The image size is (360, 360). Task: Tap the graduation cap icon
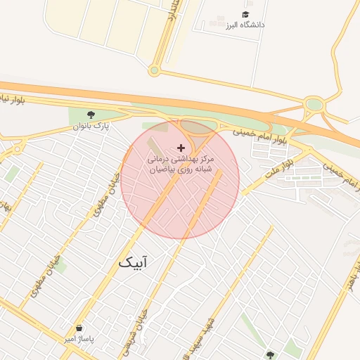pyautogui.click(x=245, y=14)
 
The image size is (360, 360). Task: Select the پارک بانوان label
pyautogui.click(x=91, y=127)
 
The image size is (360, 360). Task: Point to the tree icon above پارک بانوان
pyautogui.click(x=91, y=115)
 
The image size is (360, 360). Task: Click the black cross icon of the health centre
pyautogui.click(x=181, y=148)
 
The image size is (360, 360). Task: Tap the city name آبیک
pyautogui.click(x=133, y=263)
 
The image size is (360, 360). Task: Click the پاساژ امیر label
pyautogui.click(x=79, y=339)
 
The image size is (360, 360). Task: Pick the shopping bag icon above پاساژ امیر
pyautogui.click(x=79, y=328)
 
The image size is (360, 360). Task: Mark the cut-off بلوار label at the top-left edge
pyautogui.click(x=11, y=100)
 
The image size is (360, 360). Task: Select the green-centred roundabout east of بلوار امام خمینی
pyautogui.click(x=314, y=105)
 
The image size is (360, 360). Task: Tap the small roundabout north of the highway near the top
pyautogui.click(x=154, y=70)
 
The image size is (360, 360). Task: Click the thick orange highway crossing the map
pyautogui.click(x=211, y=106)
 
